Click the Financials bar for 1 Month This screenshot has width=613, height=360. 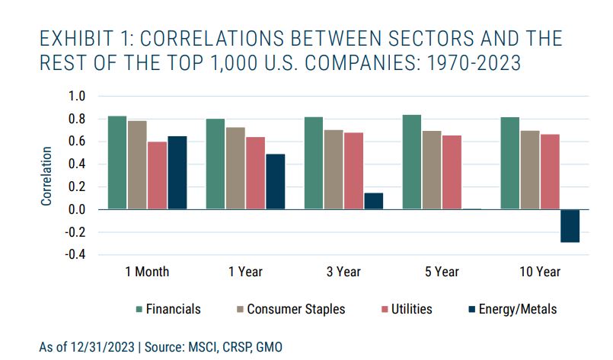point(117,162)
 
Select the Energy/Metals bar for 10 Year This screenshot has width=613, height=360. point(570,225)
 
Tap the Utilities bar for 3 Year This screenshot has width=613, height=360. point(353,170)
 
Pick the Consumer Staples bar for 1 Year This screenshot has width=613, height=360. point(235,168)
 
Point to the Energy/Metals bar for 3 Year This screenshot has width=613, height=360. point(373,201)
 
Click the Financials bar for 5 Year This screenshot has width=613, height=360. point(412,161)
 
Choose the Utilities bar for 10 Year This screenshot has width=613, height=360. point(550,171)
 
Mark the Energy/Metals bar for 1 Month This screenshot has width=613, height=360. point(177,172)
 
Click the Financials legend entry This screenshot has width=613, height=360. point(169,309)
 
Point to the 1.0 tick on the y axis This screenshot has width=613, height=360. point(77,97)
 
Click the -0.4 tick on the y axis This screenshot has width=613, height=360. point(75,254)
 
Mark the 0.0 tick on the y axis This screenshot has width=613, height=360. point(77,209)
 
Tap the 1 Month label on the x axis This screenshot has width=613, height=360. point(146,271)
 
